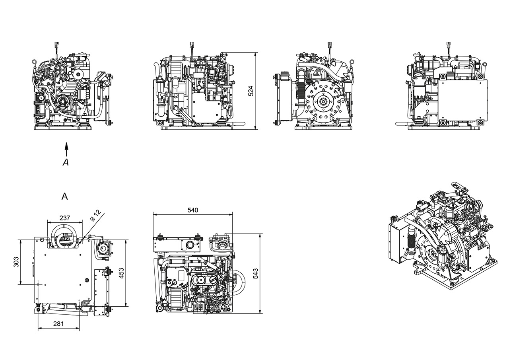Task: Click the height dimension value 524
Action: coord(251,91)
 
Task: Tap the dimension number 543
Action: coord(256,273)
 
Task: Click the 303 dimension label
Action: coord(16,262)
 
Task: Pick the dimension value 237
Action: coord(64,218)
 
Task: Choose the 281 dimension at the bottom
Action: coord(58,324)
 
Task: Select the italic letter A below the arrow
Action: coord(66,162)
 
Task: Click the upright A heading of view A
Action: coord(65,196)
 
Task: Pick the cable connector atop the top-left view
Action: coord(56,45)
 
